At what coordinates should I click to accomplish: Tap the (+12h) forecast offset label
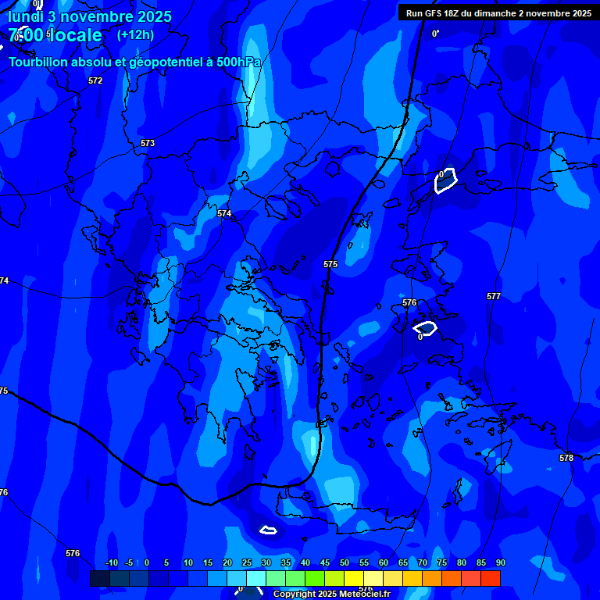(135, 34)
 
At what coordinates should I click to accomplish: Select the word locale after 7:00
(75, 35)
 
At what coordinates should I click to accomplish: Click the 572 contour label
(95, 80)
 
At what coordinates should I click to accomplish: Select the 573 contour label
(148, 143)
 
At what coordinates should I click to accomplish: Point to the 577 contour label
(494, 296)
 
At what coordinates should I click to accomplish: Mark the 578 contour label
(566, 458)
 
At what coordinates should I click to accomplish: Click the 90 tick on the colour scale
(501, 562)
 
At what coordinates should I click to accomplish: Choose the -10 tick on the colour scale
(112, 562)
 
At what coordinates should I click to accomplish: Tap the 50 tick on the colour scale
(345, 562)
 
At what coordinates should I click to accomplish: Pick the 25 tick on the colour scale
(247, 562)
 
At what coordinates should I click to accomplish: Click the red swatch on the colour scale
(491, 578)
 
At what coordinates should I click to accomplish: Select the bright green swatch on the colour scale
(315, 578)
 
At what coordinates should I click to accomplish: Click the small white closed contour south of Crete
(268, 530)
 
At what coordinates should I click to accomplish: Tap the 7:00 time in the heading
(26, 35)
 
